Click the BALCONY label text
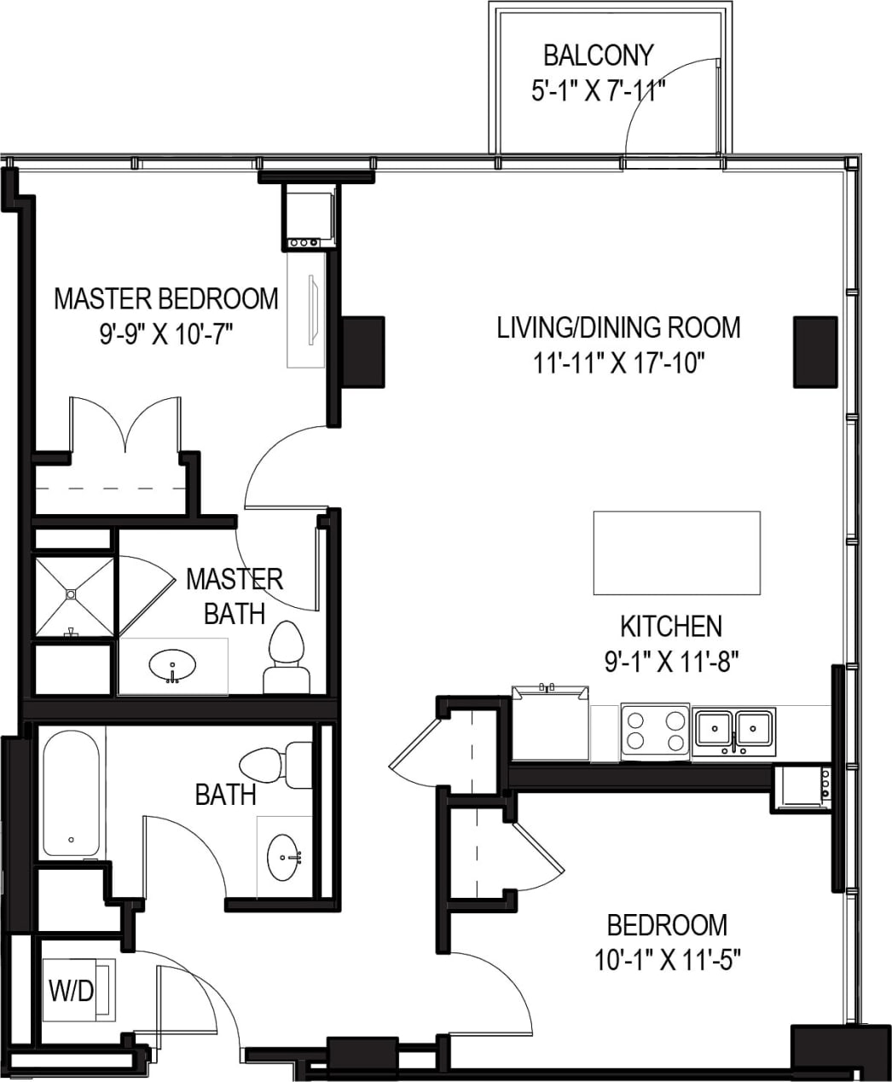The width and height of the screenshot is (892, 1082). click(x=598, y=55)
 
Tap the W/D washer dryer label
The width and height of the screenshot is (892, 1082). click(x=71, y=991)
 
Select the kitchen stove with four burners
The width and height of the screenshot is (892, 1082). click(x=655, y=731)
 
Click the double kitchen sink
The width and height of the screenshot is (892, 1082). click(x=734, y=729)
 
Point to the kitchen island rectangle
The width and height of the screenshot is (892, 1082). click(x=676, y=553)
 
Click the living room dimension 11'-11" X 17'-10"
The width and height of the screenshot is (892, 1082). click(x=618, y=364)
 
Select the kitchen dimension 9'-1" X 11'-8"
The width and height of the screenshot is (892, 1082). click(x=670, y=662)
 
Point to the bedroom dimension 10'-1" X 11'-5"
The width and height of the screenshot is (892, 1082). click(x=667, y=961)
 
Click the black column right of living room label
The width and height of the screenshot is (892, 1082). click(x=815, y=351)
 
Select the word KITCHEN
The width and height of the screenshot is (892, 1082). click(x=670, y=627)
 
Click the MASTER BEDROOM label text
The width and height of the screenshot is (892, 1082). click(x=166, y=299)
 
